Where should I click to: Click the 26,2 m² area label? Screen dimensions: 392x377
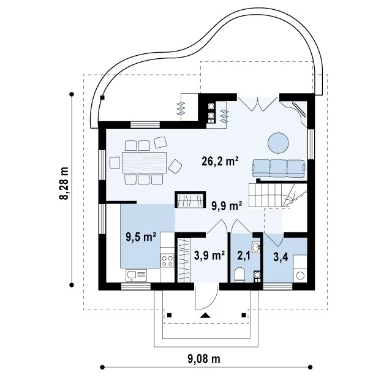click(220, 161)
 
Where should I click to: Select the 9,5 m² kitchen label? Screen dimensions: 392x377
click(141, 237)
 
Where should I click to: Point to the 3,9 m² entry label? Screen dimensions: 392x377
click(209, 256)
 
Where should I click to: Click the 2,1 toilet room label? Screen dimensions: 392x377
click(244, 256)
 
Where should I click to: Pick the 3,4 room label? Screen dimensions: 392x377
click(281, 257)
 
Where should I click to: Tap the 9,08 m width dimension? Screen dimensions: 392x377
click(204, 359)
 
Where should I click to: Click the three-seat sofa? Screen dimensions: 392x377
click(279, 169)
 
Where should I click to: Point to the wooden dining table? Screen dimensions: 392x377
click(145, 162)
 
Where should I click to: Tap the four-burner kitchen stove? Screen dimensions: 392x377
click(167, 261)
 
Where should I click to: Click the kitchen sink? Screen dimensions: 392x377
click(137, 275)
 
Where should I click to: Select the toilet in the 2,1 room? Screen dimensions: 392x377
click(240, 275)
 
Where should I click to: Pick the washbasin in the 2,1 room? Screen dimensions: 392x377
click(256, 247)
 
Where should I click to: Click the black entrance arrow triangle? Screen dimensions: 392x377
click(205, 316)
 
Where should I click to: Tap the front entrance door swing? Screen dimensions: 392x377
click(207, 297)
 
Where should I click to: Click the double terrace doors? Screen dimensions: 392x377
click(258, 103)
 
